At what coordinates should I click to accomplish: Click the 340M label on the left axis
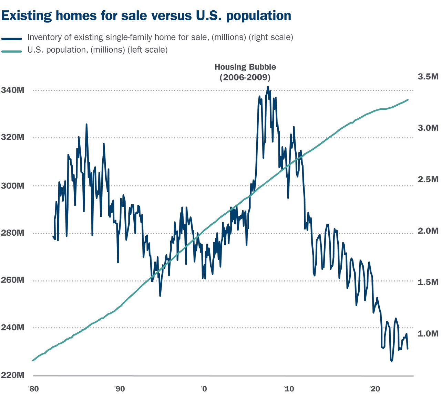[13, 90]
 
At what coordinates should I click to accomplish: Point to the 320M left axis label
[13, 138]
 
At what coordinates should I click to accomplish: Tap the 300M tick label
[13, 186]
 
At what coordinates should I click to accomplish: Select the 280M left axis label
[13, 233]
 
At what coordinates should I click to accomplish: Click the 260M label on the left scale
[13, 280]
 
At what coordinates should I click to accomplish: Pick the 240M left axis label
[13, 327]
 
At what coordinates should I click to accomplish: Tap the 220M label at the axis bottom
[13, 375]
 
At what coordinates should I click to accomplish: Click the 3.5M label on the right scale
[428, 76]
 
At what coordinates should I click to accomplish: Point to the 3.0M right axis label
[428, 128]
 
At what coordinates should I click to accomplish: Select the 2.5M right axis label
[428, 179]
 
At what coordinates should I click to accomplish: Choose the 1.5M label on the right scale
[428, 282]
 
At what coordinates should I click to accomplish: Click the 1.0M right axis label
[428, 333]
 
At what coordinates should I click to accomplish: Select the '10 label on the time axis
[289, 389]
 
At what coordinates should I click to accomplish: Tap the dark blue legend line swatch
[12, 39]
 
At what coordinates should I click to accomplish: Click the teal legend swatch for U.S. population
[12, 51]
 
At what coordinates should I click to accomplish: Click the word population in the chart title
[259, 16]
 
